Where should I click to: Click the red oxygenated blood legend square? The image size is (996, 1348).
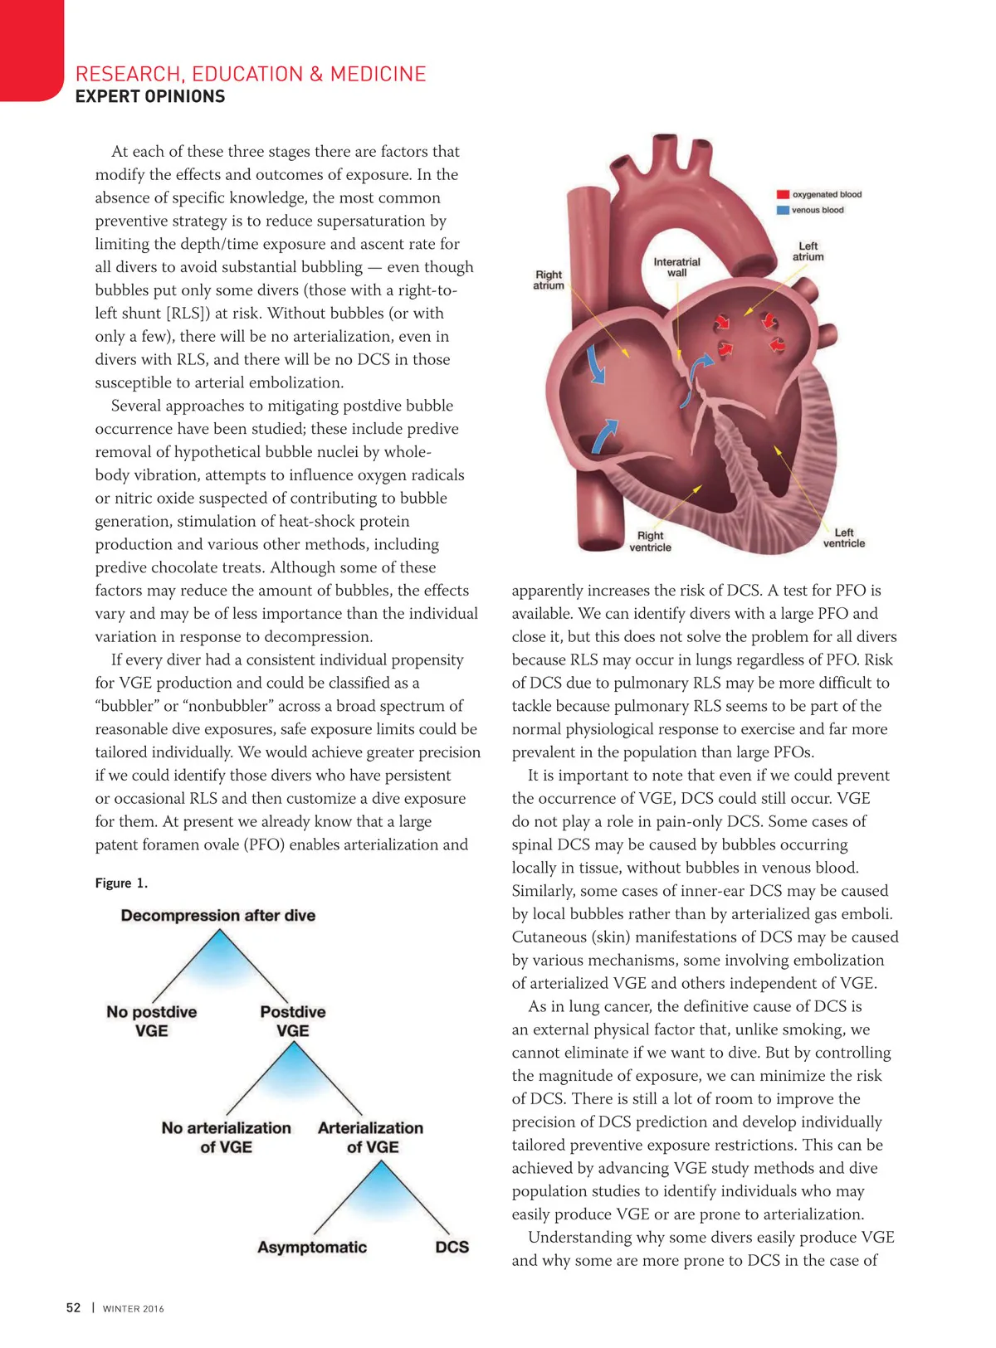point(782,194)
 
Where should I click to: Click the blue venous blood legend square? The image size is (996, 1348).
point(782,210)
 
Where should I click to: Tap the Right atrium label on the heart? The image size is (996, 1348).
point(549,280)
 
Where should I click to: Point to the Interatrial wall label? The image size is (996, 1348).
point(676,267)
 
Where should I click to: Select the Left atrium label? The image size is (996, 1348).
point(808,251)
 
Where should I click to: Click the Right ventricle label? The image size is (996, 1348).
point(650,541)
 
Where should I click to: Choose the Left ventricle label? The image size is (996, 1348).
point(843,538)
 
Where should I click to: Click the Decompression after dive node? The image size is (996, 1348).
point(218,915)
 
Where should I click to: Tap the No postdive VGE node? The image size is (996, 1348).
point(152,1021)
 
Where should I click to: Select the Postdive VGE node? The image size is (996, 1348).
point(293,1021)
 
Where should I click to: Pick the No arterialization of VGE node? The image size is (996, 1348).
point(226,1137)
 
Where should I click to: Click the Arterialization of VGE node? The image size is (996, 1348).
point(371,1137)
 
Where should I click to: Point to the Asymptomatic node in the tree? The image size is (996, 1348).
point(312,1247)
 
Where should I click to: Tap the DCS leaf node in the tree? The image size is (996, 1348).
point(452,1247)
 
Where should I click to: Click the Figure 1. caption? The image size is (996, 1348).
point(121,883)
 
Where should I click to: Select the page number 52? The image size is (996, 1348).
point(74,1307)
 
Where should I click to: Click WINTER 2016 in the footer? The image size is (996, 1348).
point(134,1309)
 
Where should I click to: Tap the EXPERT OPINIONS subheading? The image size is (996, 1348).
point(150,96)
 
